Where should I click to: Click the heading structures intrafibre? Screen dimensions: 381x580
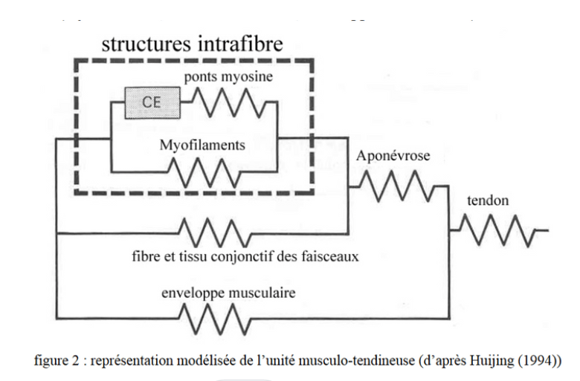click(x=193, y=43)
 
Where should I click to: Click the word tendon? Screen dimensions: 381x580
click(x=487, y=201)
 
